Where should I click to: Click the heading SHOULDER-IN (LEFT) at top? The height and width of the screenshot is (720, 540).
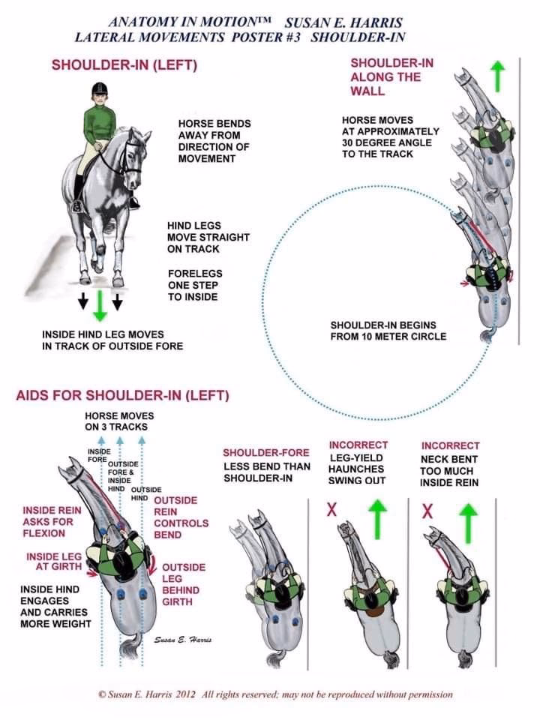(x=124, y=65)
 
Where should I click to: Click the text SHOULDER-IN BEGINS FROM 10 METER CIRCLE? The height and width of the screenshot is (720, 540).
(x=388, y=331)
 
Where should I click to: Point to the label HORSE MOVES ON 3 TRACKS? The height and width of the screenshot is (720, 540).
(x=119, y=421)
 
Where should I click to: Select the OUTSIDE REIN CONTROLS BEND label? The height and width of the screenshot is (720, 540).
(x=181, y=517)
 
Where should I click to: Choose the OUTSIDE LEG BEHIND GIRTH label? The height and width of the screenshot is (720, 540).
(x=183, y=584)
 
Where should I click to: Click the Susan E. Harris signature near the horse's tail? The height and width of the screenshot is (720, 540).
(x=184, y=639)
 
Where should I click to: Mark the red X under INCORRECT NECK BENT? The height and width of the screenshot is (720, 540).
(x=427, y=511)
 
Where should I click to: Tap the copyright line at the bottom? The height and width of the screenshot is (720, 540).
(x=275, y=694)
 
